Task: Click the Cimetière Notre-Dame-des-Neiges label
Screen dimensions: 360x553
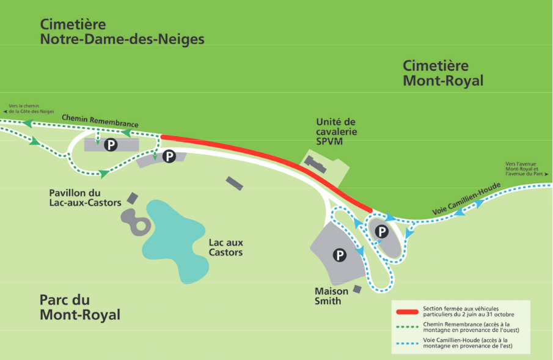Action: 122,32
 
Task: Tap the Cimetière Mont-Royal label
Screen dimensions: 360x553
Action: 443,73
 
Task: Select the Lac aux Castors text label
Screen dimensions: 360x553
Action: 225,247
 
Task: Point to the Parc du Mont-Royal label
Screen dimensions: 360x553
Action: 79,307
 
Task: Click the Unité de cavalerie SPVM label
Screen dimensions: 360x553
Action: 336,131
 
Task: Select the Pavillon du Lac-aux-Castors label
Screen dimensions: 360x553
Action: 85,197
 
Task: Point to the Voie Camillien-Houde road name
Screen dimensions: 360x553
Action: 467,199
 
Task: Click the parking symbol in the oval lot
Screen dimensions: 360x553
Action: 382,232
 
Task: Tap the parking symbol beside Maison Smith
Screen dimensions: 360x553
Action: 340,254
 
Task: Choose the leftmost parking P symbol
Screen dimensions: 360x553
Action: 111,145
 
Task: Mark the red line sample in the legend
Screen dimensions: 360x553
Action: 405,309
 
